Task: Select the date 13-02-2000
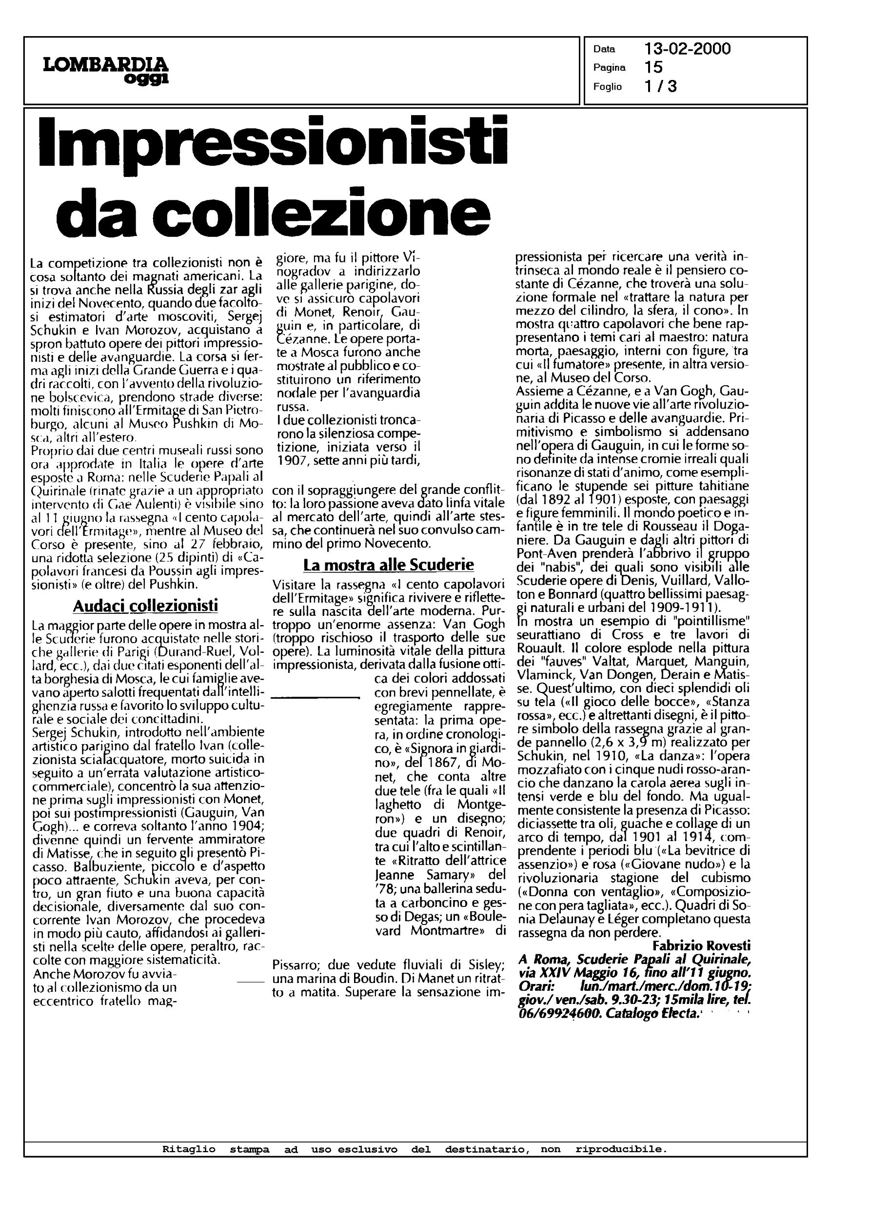pyautogui.click(x=687, y=49)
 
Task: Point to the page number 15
pyautogui.click(x=653, y=67)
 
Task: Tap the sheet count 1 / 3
pyautogui.click(x=661, y=86)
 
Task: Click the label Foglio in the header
pyautogui.click(x=607, y=87)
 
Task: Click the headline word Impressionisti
pyautogui.click(x=274, y=141)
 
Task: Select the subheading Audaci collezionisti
pyautogui.click(x=145, y=606)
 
